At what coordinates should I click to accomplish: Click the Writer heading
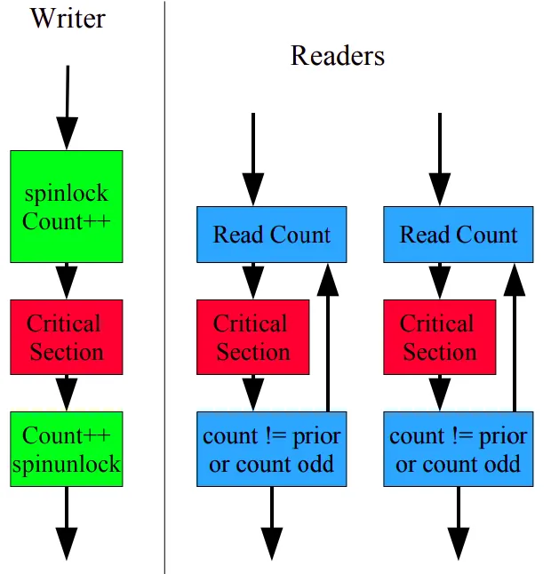(x=67, y=18)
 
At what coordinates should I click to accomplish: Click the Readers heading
(x=338, y=56)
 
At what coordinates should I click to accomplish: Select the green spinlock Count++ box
(x=67, y=206)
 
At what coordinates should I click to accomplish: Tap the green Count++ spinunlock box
(x=67, y=449)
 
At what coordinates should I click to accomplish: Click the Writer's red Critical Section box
(x=67, y=337)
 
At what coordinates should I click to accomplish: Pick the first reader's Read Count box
(x=271, y=235)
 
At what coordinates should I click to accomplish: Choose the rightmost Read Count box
(x=458, y=235)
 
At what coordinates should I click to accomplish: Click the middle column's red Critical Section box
(x=253, y=337)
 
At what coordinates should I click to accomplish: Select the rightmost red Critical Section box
(x=440, y=337)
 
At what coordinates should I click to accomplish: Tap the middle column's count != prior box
(x=271, y=449)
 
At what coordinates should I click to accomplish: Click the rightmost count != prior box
(x=458, y=449)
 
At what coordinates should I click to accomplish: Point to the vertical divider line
(x=164, y=284)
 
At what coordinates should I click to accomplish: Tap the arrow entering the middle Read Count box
(x=253, y=160)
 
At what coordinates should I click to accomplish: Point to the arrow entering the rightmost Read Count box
(x=440, y=160)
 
